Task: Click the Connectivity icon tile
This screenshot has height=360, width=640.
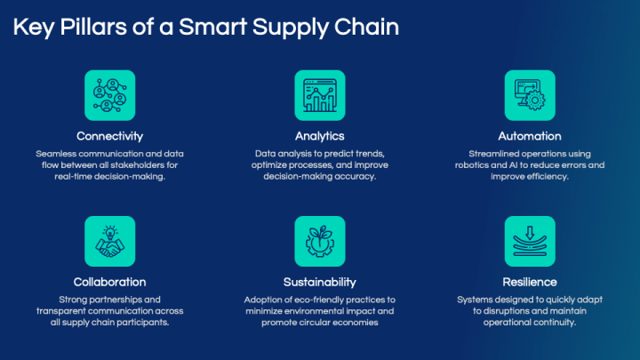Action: tap(110, 95)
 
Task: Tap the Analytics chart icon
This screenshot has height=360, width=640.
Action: tap(320, 95)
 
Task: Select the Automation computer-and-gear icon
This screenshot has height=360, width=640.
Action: tap(530, 95)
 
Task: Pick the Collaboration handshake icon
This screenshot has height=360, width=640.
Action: tap(110, 241)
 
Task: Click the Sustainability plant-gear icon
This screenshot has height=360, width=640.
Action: tap(320, 241)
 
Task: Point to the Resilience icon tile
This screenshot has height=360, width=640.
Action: tap(530, 241)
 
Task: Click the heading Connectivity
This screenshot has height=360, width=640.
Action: tap(110, 136)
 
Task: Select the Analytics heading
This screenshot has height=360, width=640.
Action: tap(320, 136)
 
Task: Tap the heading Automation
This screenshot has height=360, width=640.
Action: tap(530, 136)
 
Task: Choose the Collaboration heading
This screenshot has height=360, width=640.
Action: tap(110, 282)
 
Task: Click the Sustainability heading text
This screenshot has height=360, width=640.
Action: tap(320, 282)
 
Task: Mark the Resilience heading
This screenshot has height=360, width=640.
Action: tap(530, 282)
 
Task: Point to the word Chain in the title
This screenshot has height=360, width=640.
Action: tap(366, 27)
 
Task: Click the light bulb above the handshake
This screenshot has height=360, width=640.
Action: tap(110, 232)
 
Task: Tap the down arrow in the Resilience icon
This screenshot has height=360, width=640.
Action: tap(530, 233)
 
